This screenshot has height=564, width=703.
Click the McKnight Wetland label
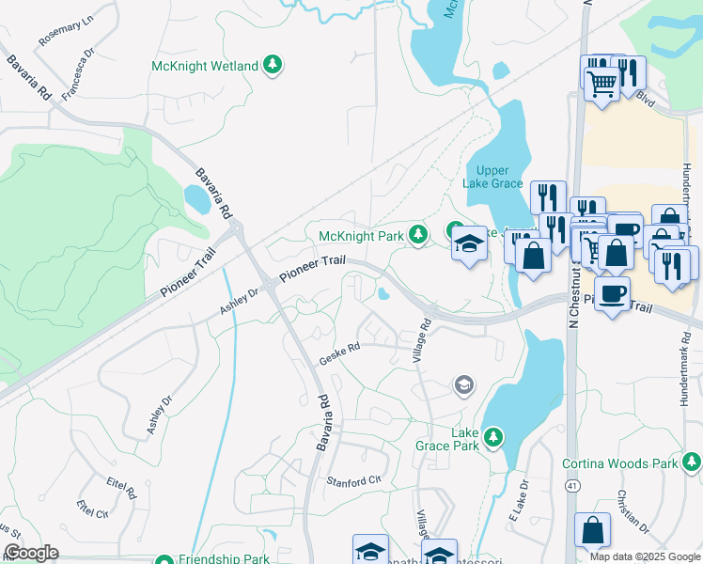pos(204,66)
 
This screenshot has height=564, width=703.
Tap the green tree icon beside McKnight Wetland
pos(273,65)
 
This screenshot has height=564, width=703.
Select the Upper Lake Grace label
pos(492,176)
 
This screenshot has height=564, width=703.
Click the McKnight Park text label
pos(361,235)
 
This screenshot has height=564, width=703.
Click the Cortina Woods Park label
pos(619,463)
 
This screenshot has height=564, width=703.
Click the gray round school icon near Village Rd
pos(462,384)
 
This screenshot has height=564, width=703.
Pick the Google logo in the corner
pos(31,554)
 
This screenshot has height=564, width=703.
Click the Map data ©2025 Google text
pos(645,556)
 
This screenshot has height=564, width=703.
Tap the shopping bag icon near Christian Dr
pos(592,531)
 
